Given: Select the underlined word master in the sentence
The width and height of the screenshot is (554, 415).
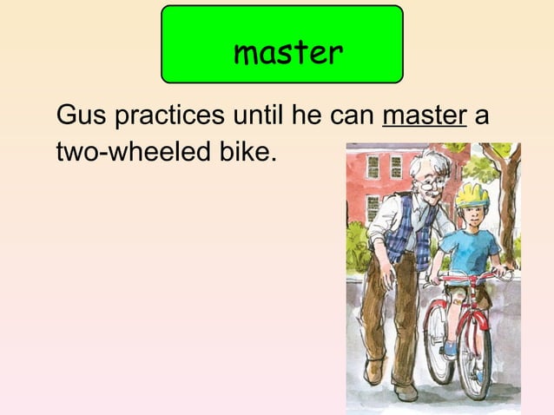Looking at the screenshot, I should pos(425,115).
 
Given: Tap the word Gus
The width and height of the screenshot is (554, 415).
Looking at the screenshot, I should pos(80,115).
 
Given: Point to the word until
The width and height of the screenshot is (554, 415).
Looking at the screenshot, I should pos(261,115).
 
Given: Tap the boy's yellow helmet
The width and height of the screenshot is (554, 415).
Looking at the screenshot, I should pos(472,193).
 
